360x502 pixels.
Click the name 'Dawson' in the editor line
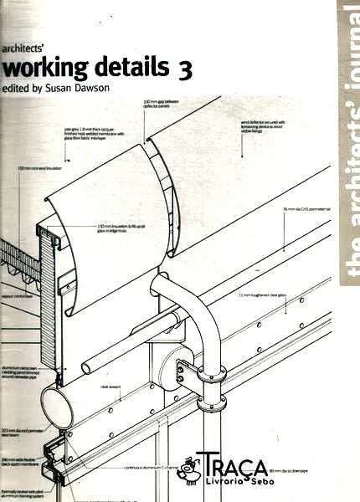[x=116, y=88]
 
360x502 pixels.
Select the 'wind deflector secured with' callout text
[x=244, y=125]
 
